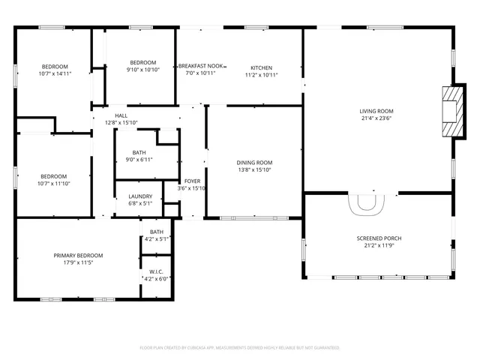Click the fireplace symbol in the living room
pyautogui.click(x=449, y=112)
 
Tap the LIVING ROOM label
pyautogui.click(x=376, y=111)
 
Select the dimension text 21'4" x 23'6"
pyautogui.click(x=376, y=118)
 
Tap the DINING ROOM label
pyautogui.click(x=254, y=162)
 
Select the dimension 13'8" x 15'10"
pyautogui.click(x=254, y=169)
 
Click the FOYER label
pyautogui.click(x=193, y=181)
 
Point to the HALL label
pyautogui.click(x=121, y=115)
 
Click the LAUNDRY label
pyautogui.click(x=140, y=196)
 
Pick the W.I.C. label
pyautogui.click(x=156, y=271)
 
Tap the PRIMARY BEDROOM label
pyautogui.click(x=78, y=256)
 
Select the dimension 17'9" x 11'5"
pyautogui.click(x=78, y=263)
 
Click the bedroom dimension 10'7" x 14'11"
pyautogui.click(x=55, y=73)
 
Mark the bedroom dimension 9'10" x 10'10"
pyautogui.click(x=142, y=69)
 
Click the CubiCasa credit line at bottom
pyautogui.click(x=240, y=347)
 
